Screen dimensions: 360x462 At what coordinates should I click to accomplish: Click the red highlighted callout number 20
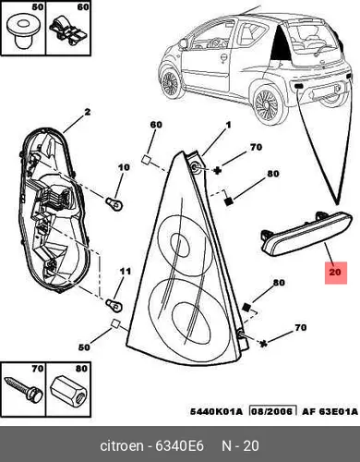(x=335, y=273)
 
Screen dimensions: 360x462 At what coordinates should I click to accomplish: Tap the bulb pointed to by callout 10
(x=114, y=203)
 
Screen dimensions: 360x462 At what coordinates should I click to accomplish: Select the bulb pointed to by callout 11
(x=114, y=304)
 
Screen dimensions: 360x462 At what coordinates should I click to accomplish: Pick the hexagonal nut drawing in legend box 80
(x=69, y=389)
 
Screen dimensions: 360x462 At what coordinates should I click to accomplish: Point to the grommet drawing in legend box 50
(x=21, y=32)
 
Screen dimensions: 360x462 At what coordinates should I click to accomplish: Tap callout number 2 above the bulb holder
(x=88, y=112)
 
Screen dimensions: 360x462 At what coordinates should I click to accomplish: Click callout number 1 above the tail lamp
(x=228, y=126)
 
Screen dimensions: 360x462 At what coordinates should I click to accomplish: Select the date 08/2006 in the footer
(x=272, y=411)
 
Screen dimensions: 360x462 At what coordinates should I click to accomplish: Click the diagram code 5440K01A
(x=216, y=411)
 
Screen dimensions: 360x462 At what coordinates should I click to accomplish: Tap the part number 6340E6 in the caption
(x=179, y=445)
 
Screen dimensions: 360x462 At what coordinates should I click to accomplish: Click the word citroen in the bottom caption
(x=122, y=445)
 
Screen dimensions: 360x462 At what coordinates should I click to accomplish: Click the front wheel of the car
(x=171, y=82)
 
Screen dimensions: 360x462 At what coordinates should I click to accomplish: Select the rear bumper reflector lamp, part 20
(x=306, y=234)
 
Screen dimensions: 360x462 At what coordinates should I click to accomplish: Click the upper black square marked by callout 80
(x=228, y=201)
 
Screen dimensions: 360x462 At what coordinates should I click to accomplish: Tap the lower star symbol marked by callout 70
(x=264, y=344)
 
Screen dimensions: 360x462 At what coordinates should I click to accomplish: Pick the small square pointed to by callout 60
(x=146, y=160)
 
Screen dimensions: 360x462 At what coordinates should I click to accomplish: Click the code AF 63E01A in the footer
(x=330, y=411)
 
